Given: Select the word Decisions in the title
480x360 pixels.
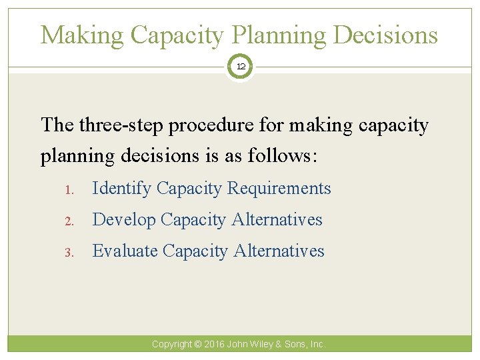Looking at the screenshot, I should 386,35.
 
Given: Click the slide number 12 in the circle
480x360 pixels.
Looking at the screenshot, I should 240,67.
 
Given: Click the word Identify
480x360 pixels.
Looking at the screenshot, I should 121,189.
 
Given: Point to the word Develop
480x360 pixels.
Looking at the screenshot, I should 123,220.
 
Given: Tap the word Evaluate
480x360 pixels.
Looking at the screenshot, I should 125,251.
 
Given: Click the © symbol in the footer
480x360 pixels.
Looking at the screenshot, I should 198,345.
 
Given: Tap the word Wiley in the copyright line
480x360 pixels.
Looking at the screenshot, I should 265,345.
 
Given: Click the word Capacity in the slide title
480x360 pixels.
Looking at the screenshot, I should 176,35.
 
